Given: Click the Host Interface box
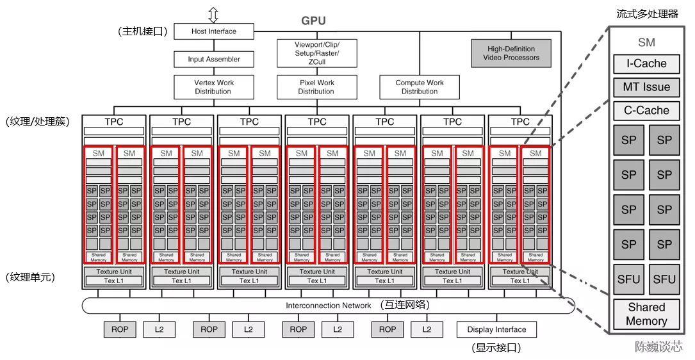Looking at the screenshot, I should tap(214, 31).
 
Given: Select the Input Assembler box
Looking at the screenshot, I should tap(214, 60).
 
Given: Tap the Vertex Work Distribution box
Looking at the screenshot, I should tap(214, 87).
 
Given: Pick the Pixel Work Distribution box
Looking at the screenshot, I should tap(316, 87).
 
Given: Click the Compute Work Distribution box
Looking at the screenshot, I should tap(420, 87).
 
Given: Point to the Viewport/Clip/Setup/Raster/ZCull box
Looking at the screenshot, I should tap(316, 53).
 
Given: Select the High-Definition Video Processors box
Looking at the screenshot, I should tap(511, 53).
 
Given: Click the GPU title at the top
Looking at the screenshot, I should tap(313, 20).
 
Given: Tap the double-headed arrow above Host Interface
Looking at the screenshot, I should tap(213, 15).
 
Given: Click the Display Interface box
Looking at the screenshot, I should tap(496, 330).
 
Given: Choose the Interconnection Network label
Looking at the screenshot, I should tap(328, 306).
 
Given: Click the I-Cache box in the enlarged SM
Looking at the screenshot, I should tap(646, 64).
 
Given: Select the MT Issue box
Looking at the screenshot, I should tap(646, 87).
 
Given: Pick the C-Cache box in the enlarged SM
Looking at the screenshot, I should tap(646, 110).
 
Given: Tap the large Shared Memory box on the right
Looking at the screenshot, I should tap(646, 315).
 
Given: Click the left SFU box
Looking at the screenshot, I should tap(628, 279).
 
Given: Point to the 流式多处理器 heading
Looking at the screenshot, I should tap(646, 13).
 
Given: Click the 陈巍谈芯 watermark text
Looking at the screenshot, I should tap(658, 347).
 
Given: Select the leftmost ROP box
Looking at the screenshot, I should tap(120, 330).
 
